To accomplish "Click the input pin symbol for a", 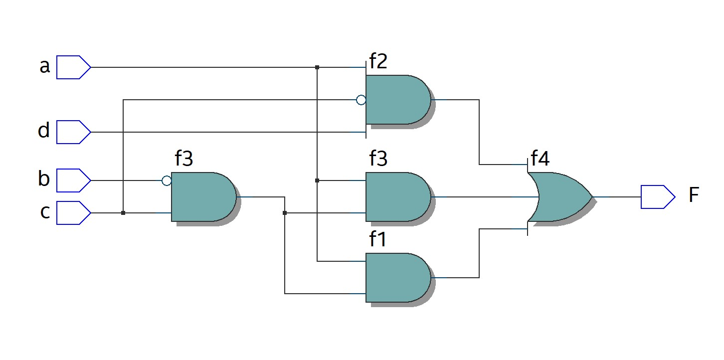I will (73, 67).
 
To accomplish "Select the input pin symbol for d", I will (73, 132).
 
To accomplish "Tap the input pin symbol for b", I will (73, 180).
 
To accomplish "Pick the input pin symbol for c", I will (73, 213).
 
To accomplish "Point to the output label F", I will (694, 196).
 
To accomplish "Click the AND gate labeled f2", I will (397, 100).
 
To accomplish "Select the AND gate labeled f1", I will (397, 277).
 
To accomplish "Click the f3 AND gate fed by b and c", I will (202, 197).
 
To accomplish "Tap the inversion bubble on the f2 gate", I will (361, 100).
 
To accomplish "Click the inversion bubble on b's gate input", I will (167, 181).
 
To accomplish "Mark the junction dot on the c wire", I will (123, 213).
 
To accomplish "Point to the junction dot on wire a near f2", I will (317, 67).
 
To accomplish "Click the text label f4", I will (540, 159).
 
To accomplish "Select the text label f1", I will (378, 240).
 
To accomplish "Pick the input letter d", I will (44, 131).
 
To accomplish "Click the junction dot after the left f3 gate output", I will (285, 213).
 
